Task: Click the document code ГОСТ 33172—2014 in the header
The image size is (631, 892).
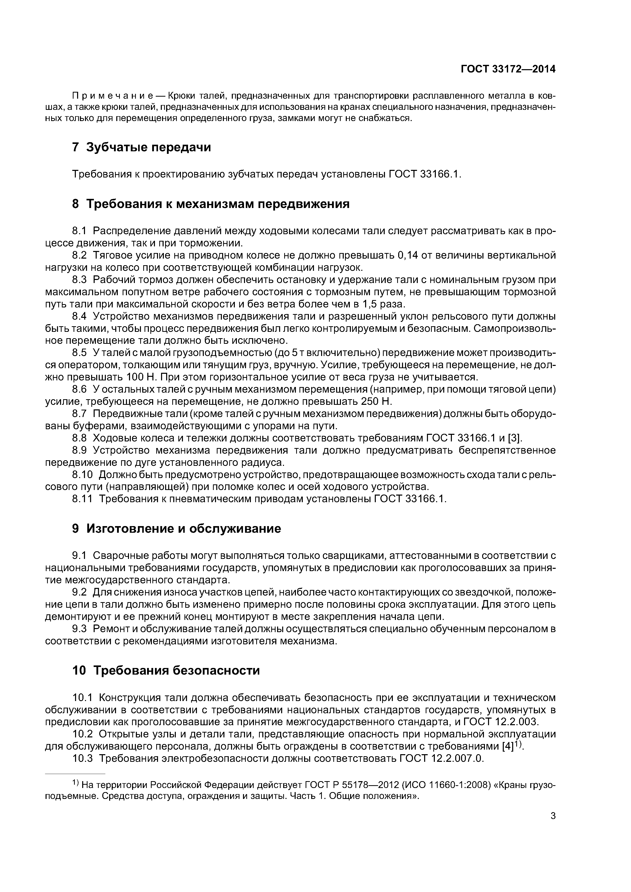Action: pyautogui.click(x=508, y=69)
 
